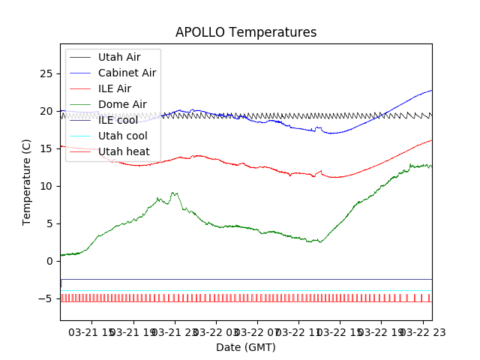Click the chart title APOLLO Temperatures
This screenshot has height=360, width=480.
point(246,33)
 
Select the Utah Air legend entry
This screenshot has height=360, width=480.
point(119,57)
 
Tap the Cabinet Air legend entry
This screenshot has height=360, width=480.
point(127,73)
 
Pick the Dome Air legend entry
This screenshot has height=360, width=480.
point(122,104)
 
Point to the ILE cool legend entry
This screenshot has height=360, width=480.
point(118,120)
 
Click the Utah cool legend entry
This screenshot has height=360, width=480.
point(123,136)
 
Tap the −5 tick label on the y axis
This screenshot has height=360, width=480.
point(45,298)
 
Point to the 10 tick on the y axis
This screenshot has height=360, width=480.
point(60,186)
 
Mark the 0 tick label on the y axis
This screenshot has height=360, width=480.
point(49,261)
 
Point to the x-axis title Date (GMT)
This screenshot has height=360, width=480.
point(246,347)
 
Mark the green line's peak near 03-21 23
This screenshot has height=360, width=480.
point(174,193)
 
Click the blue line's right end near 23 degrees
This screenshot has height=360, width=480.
point(431,91)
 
